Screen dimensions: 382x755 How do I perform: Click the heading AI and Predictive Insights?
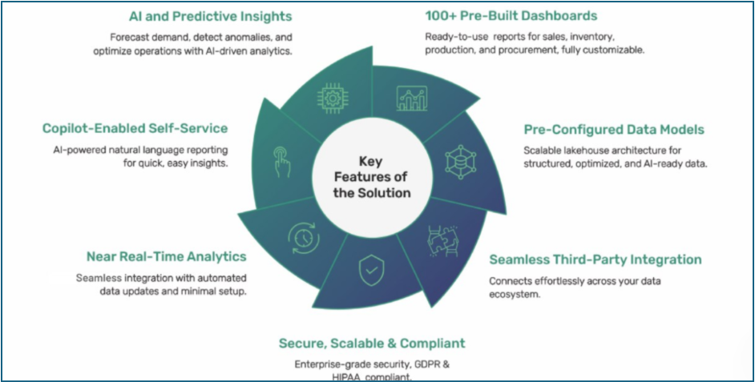210,16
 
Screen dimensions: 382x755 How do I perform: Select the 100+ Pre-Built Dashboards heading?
511,16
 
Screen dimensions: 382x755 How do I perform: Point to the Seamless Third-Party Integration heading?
596,259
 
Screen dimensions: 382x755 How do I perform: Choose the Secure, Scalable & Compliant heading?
372,344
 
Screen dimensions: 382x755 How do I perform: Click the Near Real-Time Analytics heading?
166,256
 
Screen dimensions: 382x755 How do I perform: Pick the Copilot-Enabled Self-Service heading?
135,128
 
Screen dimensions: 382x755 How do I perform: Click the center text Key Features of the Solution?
373,177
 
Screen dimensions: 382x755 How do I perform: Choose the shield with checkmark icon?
369,271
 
